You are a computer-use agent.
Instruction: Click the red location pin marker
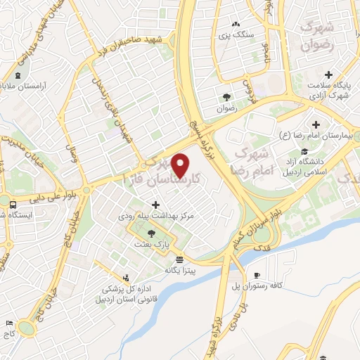point(181,166)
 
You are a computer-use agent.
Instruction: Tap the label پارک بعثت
point(153,243)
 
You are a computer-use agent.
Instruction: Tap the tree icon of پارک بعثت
point(152,232)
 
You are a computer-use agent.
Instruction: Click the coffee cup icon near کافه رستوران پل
point(257,275)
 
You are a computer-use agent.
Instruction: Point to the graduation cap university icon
point(304,152)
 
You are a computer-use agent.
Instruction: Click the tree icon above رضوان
point(226,97)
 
